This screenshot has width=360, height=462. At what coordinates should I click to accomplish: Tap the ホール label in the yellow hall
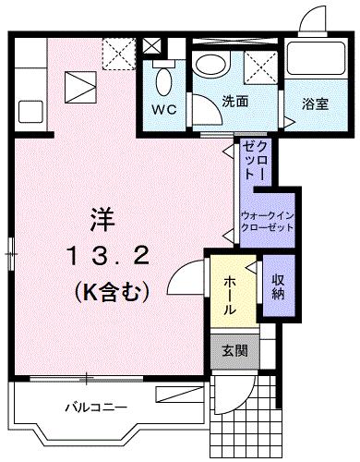tap(229, 294)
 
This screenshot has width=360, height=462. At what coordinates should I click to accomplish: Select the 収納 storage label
tap(277, 287)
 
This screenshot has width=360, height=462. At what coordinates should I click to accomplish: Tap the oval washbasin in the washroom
tap(213, 64)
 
